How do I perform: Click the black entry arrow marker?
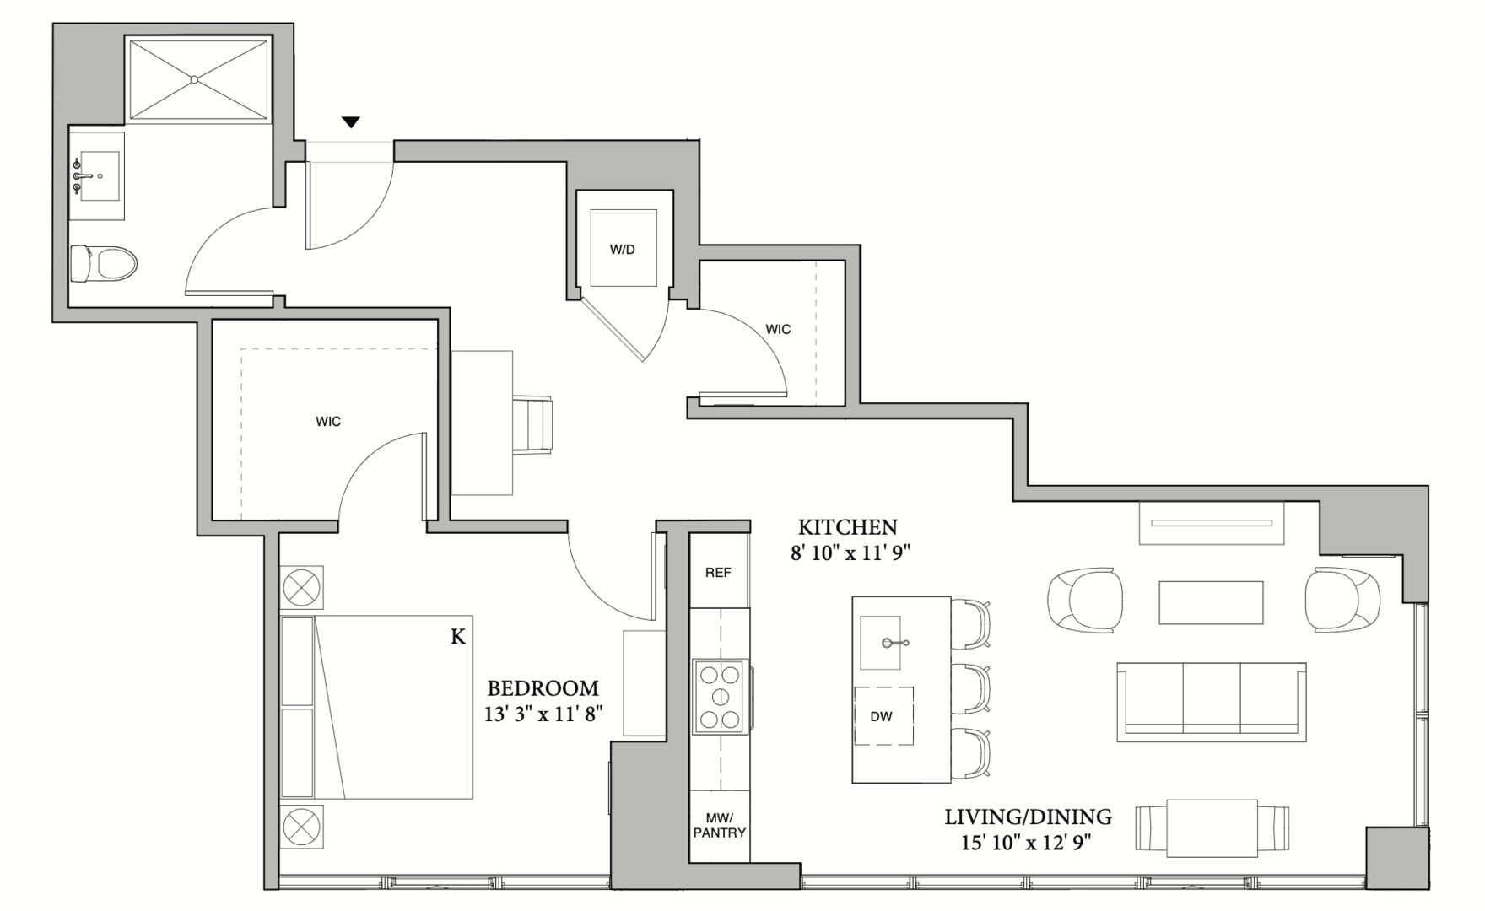click(x=351, y=122)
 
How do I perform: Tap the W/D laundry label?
click(x=623, y=250)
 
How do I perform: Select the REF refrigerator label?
click(x=718, y=573)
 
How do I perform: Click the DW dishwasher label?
click(x=881, y=717)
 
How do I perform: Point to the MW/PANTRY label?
click(x=719, y=825)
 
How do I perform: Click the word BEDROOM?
click(x=543, y=688)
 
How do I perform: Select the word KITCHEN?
click(x=847, y=527)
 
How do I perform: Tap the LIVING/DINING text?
click(x=1027, y=817)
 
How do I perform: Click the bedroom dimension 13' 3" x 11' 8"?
click(x=543, y=714)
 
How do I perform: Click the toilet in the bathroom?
click(x=105, y=263)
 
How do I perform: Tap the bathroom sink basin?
click(x=100, y=176)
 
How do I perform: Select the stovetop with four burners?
click(x=721, y=697)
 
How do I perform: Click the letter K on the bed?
click(x=457, y=637)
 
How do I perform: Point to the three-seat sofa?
click(x=1211, y=701)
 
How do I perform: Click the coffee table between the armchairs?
click(x=1210, y=602)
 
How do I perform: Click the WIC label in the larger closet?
click(x=328, y=422)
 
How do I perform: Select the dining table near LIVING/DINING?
click(x=1212, y=828)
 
